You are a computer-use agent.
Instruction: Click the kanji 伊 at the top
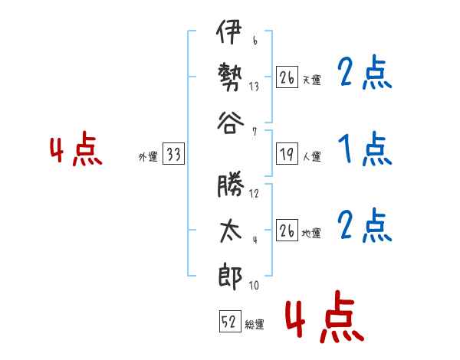(x=229, y=32)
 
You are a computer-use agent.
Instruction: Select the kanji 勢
(x=230, y=77)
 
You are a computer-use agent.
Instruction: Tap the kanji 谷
(x=231, y=123)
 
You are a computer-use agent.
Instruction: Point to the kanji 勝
(x=231, y=184)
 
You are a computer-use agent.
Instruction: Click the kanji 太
(x=231, y=231)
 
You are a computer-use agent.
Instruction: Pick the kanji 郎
(x=230, y=277)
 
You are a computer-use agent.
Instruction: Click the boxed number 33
(x=174, y=153)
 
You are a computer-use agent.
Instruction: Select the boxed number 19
(x=287, y=153)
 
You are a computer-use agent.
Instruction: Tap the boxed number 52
(x=230, y=321)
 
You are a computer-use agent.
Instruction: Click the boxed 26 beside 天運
(x=287, y=77)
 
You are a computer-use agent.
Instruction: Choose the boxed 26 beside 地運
(x=287, y=230)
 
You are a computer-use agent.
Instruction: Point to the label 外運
(x=148, y=157)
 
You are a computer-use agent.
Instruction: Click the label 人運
(x=312, y=156)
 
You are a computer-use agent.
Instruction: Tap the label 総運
(x=255, y=325)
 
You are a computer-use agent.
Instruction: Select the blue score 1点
(x=365, y=149)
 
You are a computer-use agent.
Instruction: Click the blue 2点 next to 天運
(x=365, y=72)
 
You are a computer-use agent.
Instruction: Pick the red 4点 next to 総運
(x=325, y=316)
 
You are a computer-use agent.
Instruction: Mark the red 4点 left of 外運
(x=76, y=149)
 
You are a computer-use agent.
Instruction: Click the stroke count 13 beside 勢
(x=254, y=87)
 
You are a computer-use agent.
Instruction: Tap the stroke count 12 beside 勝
(x=254, y=194)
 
